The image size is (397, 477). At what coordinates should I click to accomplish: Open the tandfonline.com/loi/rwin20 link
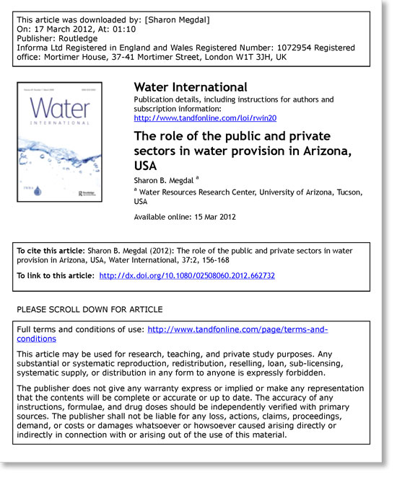point(205,117)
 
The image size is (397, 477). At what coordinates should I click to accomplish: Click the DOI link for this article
point(186,275)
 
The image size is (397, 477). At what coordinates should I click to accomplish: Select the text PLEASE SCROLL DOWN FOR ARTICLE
point(90,309)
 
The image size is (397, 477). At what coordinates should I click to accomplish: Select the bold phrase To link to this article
point(55,275)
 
